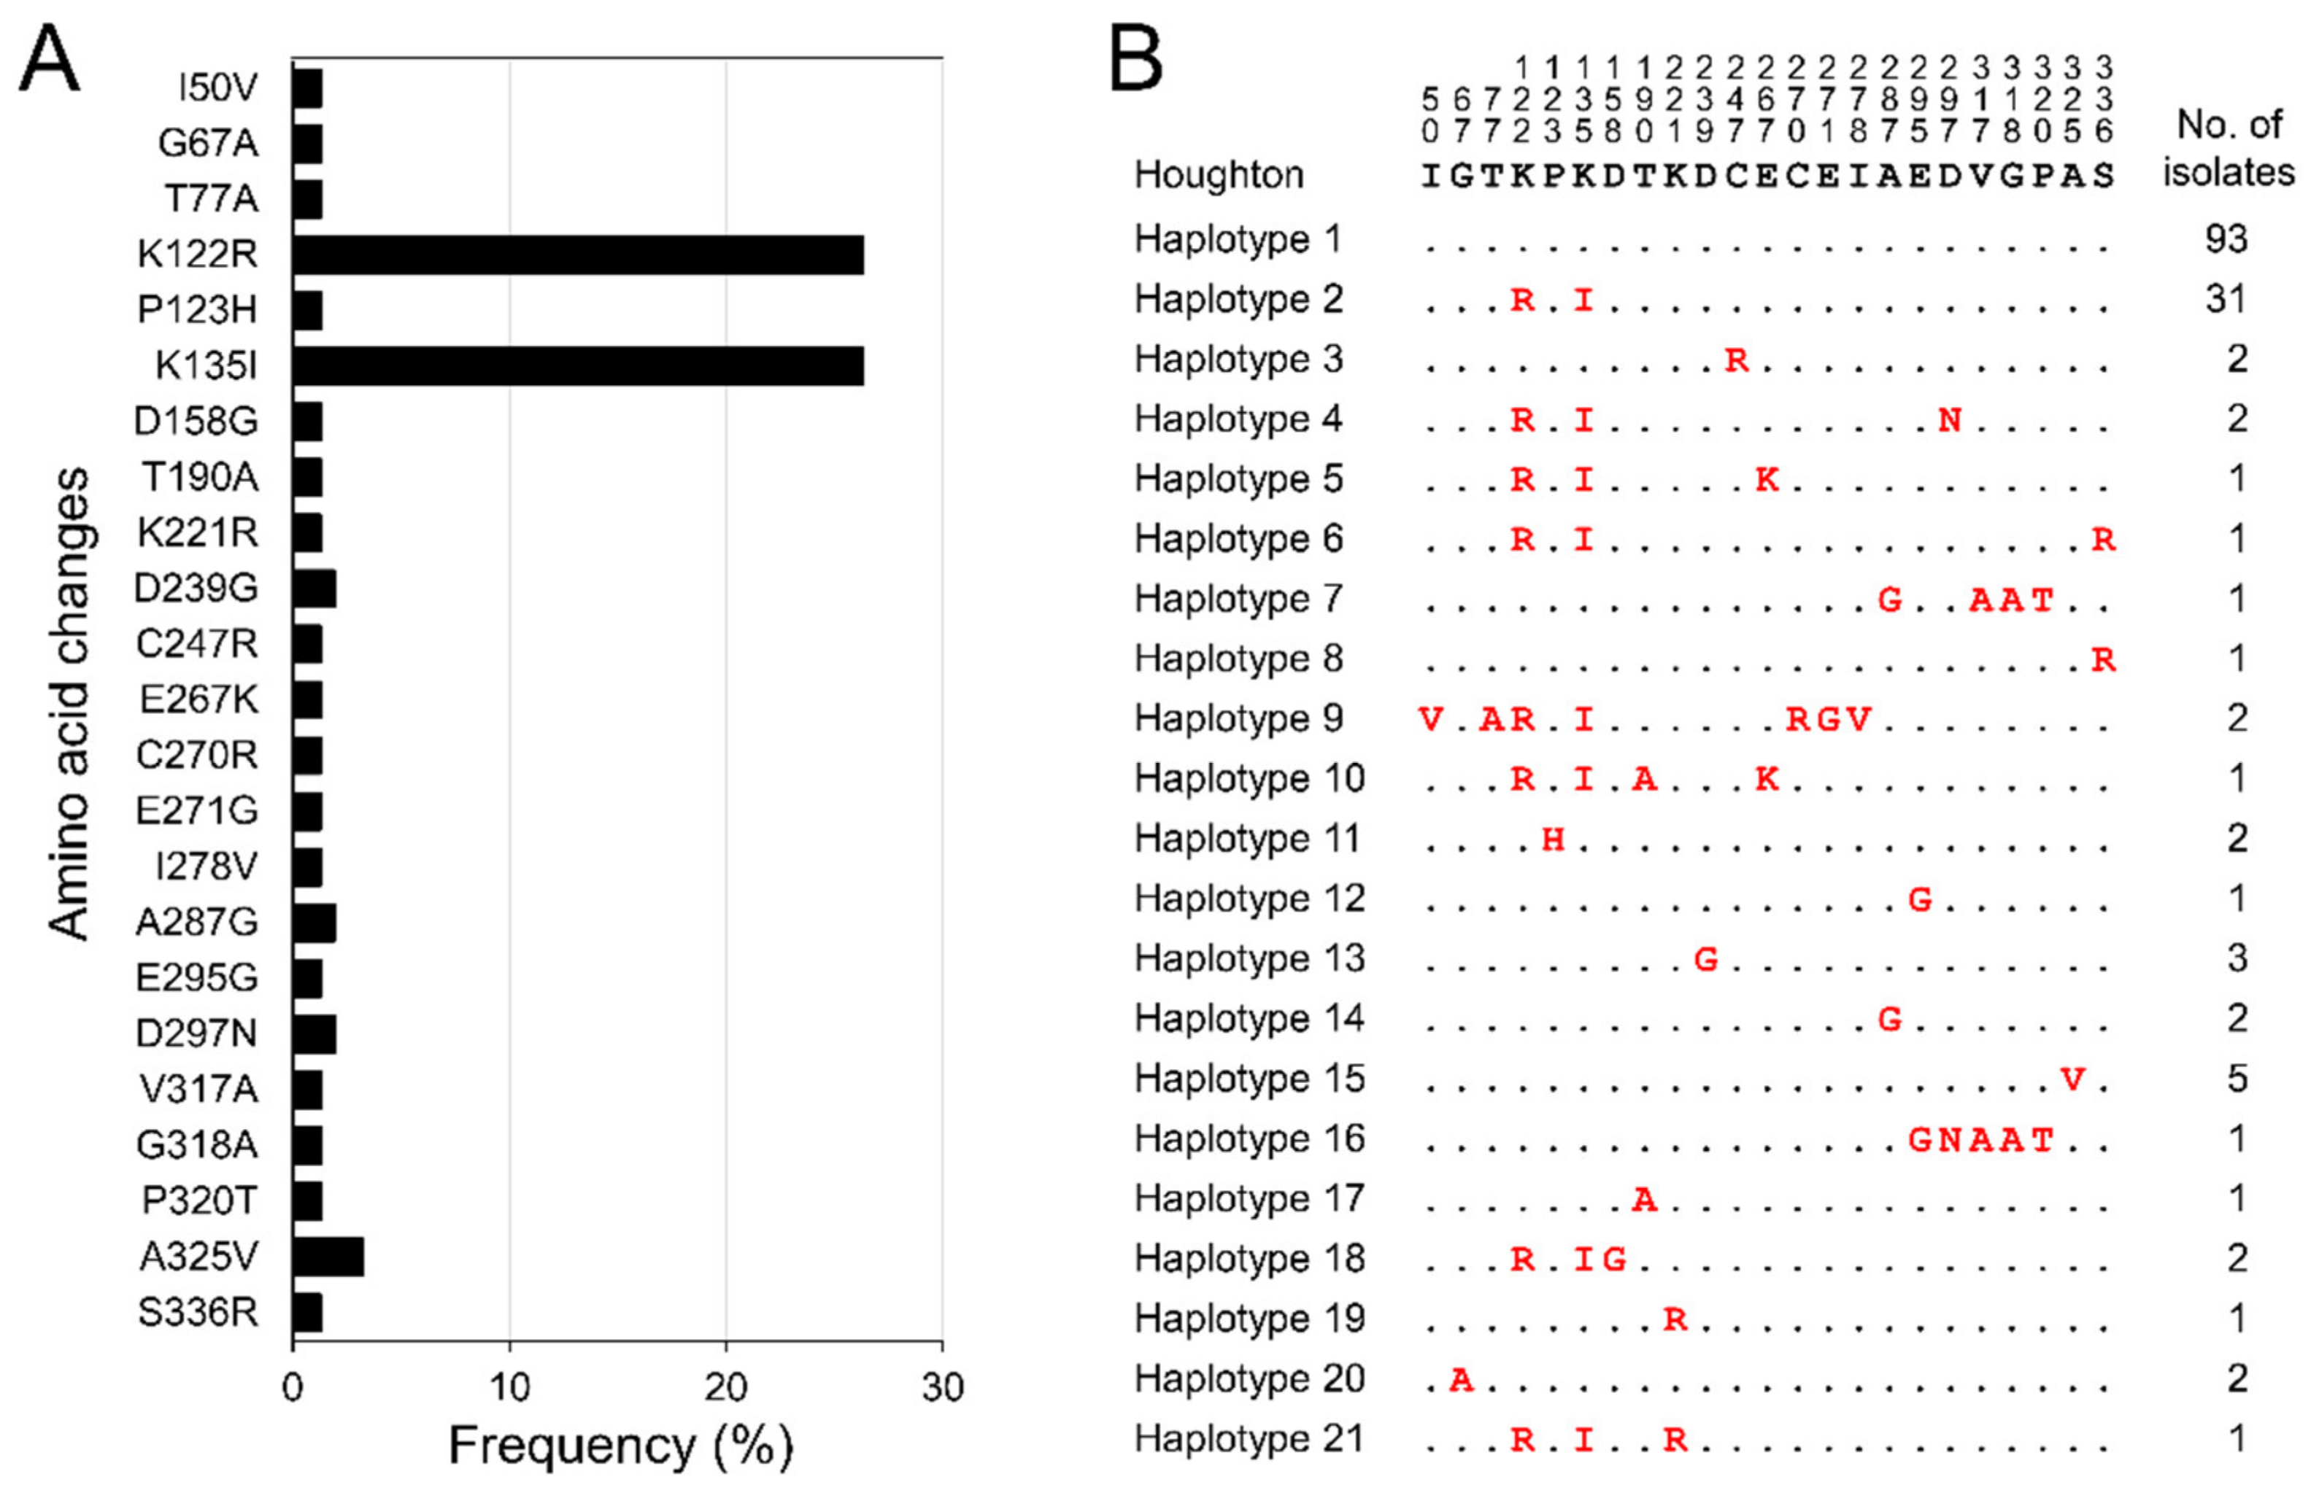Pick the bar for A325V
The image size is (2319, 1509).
point(328,1257)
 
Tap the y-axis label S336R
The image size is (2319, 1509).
point(198,1312)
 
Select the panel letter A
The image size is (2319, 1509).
point(49,61)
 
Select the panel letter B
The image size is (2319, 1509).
point(1136,61)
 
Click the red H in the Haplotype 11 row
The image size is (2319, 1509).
point(1553,839)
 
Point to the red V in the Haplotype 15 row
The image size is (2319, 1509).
point(2072,1079)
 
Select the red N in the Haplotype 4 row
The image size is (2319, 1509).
point(1949,420)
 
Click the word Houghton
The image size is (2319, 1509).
point(1218,175)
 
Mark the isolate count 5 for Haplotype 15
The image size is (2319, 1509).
point(2236,1079)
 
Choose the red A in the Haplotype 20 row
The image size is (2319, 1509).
point(1461,1378)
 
